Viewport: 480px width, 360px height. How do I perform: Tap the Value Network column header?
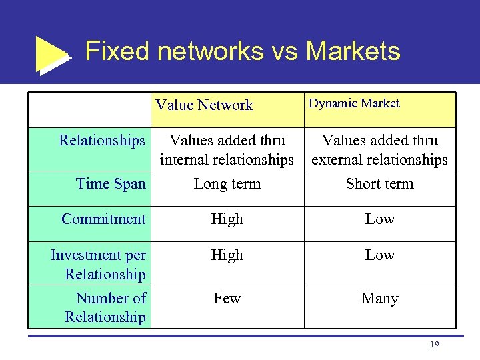[204, 105]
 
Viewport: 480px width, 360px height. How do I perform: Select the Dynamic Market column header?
[353, 103]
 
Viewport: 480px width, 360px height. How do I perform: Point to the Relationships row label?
[101, 140]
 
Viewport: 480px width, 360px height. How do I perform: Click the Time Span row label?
[111, 183]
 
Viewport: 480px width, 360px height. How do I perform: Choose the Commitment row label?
[103, 219]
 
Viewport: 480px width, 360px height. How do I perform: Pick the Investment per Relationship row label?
[99, 264]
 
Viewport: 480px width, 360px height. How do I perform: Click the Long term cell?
[227, 183]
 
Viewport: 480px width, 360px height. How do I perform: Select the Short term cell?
[379, 183]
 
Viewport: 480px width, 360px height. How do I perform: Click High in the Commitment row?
[227, 219]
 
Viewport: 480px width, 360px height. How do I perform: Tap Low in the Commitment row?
[379, 219]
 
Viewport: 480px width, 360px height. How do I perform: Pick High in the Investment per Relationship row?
[227, 255]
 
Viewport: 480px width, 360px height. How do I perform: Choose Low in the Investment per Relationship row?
[379, 255]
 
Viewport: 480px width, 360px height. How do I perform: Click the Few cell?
[227, 298]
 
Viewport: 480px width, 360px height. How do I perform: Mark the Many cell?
[379, 298]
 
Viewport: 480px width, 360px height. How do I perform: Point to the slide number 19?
[435, 345]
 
